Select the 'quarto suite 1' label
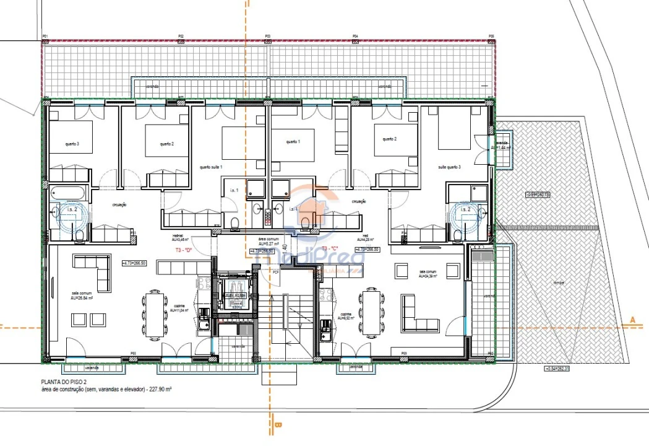211,167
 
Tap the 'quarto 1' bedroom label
293,142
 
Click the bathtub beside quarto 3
69,191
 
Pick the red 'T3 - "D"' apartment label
184,250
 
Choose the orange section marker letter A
632,320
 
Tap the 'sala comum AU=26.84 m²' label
82,295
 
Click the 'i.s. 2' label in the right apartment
465,210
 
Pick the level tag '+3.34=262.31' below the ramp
556,369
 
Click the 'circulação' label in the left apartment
119,204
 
